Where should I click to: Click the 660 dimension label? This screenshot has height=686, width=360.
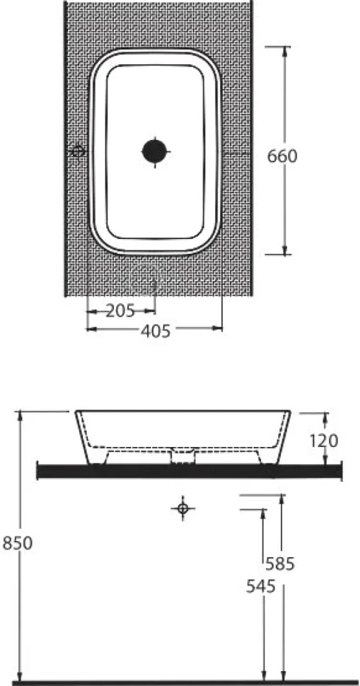pos(282,156)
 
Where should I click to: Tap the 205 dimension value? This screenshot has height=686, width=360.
pos(121,311)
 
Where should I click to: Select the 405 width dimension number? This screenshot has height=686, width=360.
pos(156,331)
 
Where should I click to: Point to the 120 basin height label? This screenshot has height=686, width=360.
pos(324,441)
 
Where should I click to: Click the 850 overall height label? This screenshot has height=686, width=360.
pos(18,543)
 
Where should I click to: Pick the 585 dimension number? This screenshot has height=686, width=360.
pos(280,564)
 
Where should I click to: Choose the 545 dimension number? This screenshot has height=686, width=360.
pos(261,587)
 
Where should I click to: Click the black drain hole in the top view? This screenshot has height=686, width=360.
pos(155,151)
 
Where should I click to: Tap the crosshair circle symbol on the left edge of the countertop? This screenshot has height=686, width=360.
pos(79,151)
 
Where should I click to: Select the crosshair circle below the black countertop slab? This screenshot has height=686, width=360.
pos(183,508)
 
